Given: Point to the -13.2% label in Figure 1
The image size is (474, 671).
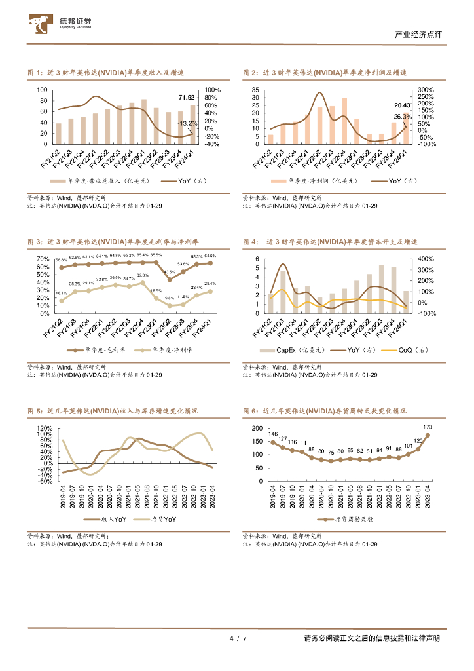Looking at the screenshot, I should tap(187, 123).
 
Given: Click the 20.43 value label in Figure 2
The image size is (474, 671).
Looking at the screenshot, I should tap(402, 105).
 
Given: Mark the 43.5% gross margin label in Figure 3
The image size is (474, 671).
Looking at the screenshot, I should tap(170, 271).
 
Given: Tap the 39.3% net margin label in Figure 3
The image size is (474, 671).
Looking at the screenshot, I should tap(142, 275).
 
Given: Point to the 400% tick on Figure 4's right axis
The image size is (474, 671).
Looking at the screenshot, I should tap(426, 259).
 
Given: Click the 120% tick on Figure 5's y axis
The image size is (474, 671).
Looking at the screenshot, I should tap(45, 428).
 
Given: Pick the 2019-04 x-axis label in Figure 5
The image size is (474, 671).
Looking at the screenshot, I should tap(63, 497).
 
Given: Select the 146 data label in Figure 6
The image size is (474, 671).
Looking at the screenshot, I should tap(273, 434).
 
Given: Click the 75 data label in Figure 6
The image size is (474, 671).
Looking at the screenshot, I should tap(331, 453).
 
